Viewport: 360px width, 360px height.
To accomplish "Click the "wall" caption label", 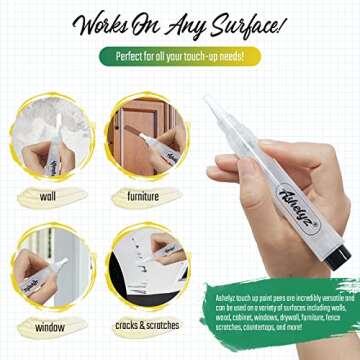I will pyautogui.click(x=47, y=197).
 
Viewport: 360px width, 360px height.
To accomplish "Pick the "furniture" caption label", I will pyautogui.click(x=143, y=197).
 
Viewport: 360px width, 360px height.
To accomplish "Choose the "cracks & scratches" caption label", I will pyautogui.click(x=143, y=327).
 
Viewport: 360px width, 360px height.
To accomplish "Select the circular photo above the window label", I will pyautogui.click(x=47, y=268).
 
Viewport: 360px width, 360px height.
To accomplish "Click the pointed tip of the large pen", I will pyautogui.click(x=208, y=100).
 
